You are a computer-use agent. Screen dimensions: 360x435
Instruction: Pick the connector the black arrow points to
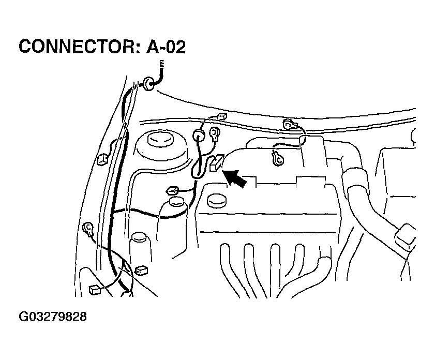pyautogui.click(x=216, y=163)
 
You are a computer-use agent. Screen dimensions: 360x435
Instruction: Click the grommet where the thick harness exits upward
pyautogui.click(x=148, y=83)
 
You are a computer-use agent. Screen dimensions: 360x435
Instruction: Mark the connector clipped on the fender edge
pyautogui.click(x=102, y=159)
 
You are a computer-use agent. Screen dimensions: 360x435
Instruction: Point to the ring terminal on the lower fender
pyautogui.click(x=88, y=228)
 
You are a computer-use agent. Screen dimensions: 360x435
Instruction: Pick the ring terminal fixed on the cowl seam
pyautogui.click(x=289, y=124)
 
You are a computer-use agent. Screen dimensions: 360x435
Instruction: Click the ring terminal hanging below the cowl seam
pyautogui.click(x=278, y=159)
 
